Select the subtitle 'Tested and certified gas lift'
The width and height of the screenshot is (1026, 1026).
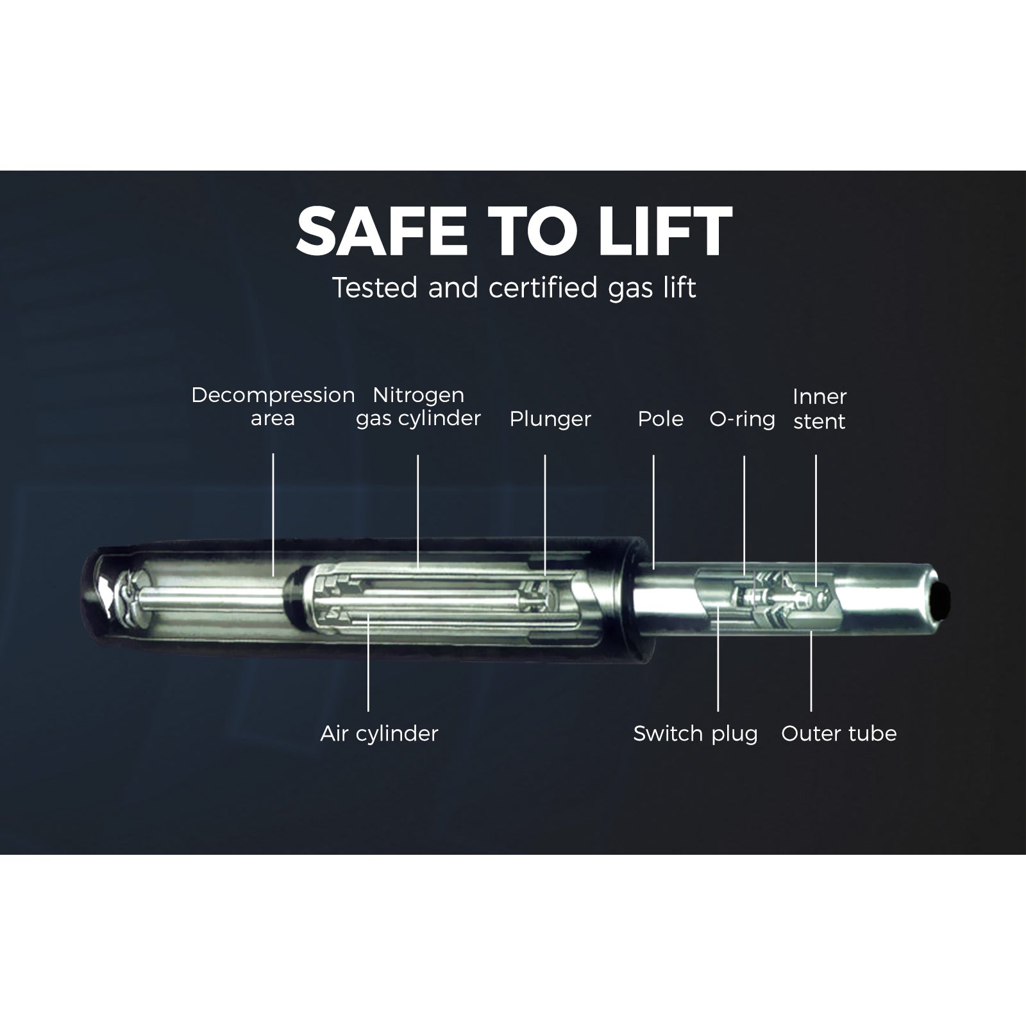coord(514,288)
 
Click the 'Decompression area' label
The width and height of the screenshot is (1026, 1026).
coord(273,407)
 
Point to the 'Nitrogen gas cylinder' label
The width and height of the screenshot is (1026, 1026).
coord(418,407)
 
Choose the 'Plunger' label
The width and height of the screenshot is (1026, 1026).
coord(550,419)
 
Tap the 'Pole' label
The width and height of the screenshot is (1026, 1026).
coord(660,419)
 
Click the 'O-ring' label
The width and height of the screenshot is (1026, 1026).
coord(742,419)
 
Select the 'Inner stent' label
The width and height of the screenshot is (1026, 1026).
coord(820,408)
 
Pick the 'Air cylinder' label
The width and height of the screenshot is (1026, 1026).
coord(379,734)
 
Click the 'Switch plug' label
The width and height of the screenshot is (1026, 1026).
coord(695,734)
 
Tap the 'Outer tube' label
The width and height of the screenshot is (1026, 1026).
coord(839,734)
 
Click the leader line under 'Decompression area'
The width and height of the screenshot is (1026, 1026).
coord(273,514)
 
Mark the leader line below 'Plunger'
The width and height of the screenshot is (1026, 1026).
coord(545,514)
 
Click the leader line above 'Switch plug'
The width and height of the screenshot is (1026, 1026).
coord(718,657)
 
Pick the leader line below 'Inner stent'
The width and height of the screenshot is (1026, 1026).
coord(816,521)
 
